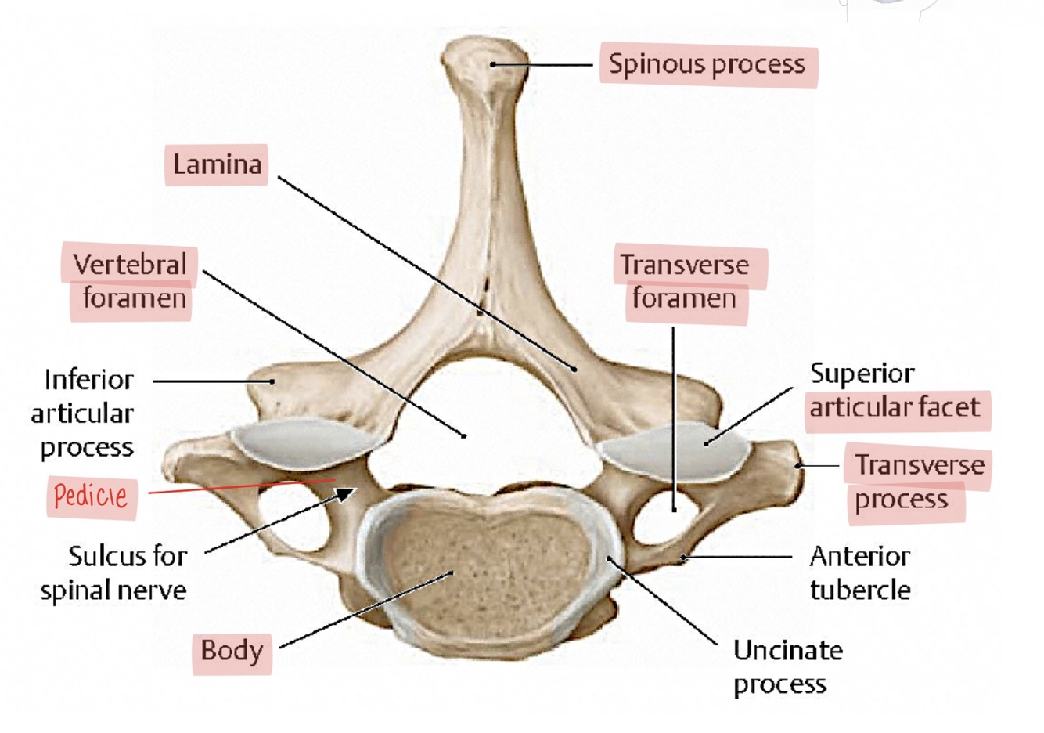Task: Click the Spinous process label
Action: [x=707, y=64]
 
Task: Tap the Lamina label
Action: [x=216, y=164]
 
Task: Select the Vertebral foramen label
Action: [x=130, y=281]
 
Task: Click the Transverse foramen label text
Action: [x=685, y=282]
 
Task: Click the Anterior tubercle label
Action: [x=859, y=572]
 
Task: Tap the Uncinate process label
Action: [x=787, y=666]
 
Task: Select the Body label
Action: [x=231, y=650]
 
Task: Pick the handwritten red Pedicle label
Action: [x=91, y=496]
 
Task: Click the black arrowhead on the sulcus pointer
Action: [x=344, y=493]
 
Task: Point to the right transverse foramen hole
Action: [x=665, y=521]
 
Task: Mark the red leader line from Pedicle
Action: [x=235, y=487]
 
